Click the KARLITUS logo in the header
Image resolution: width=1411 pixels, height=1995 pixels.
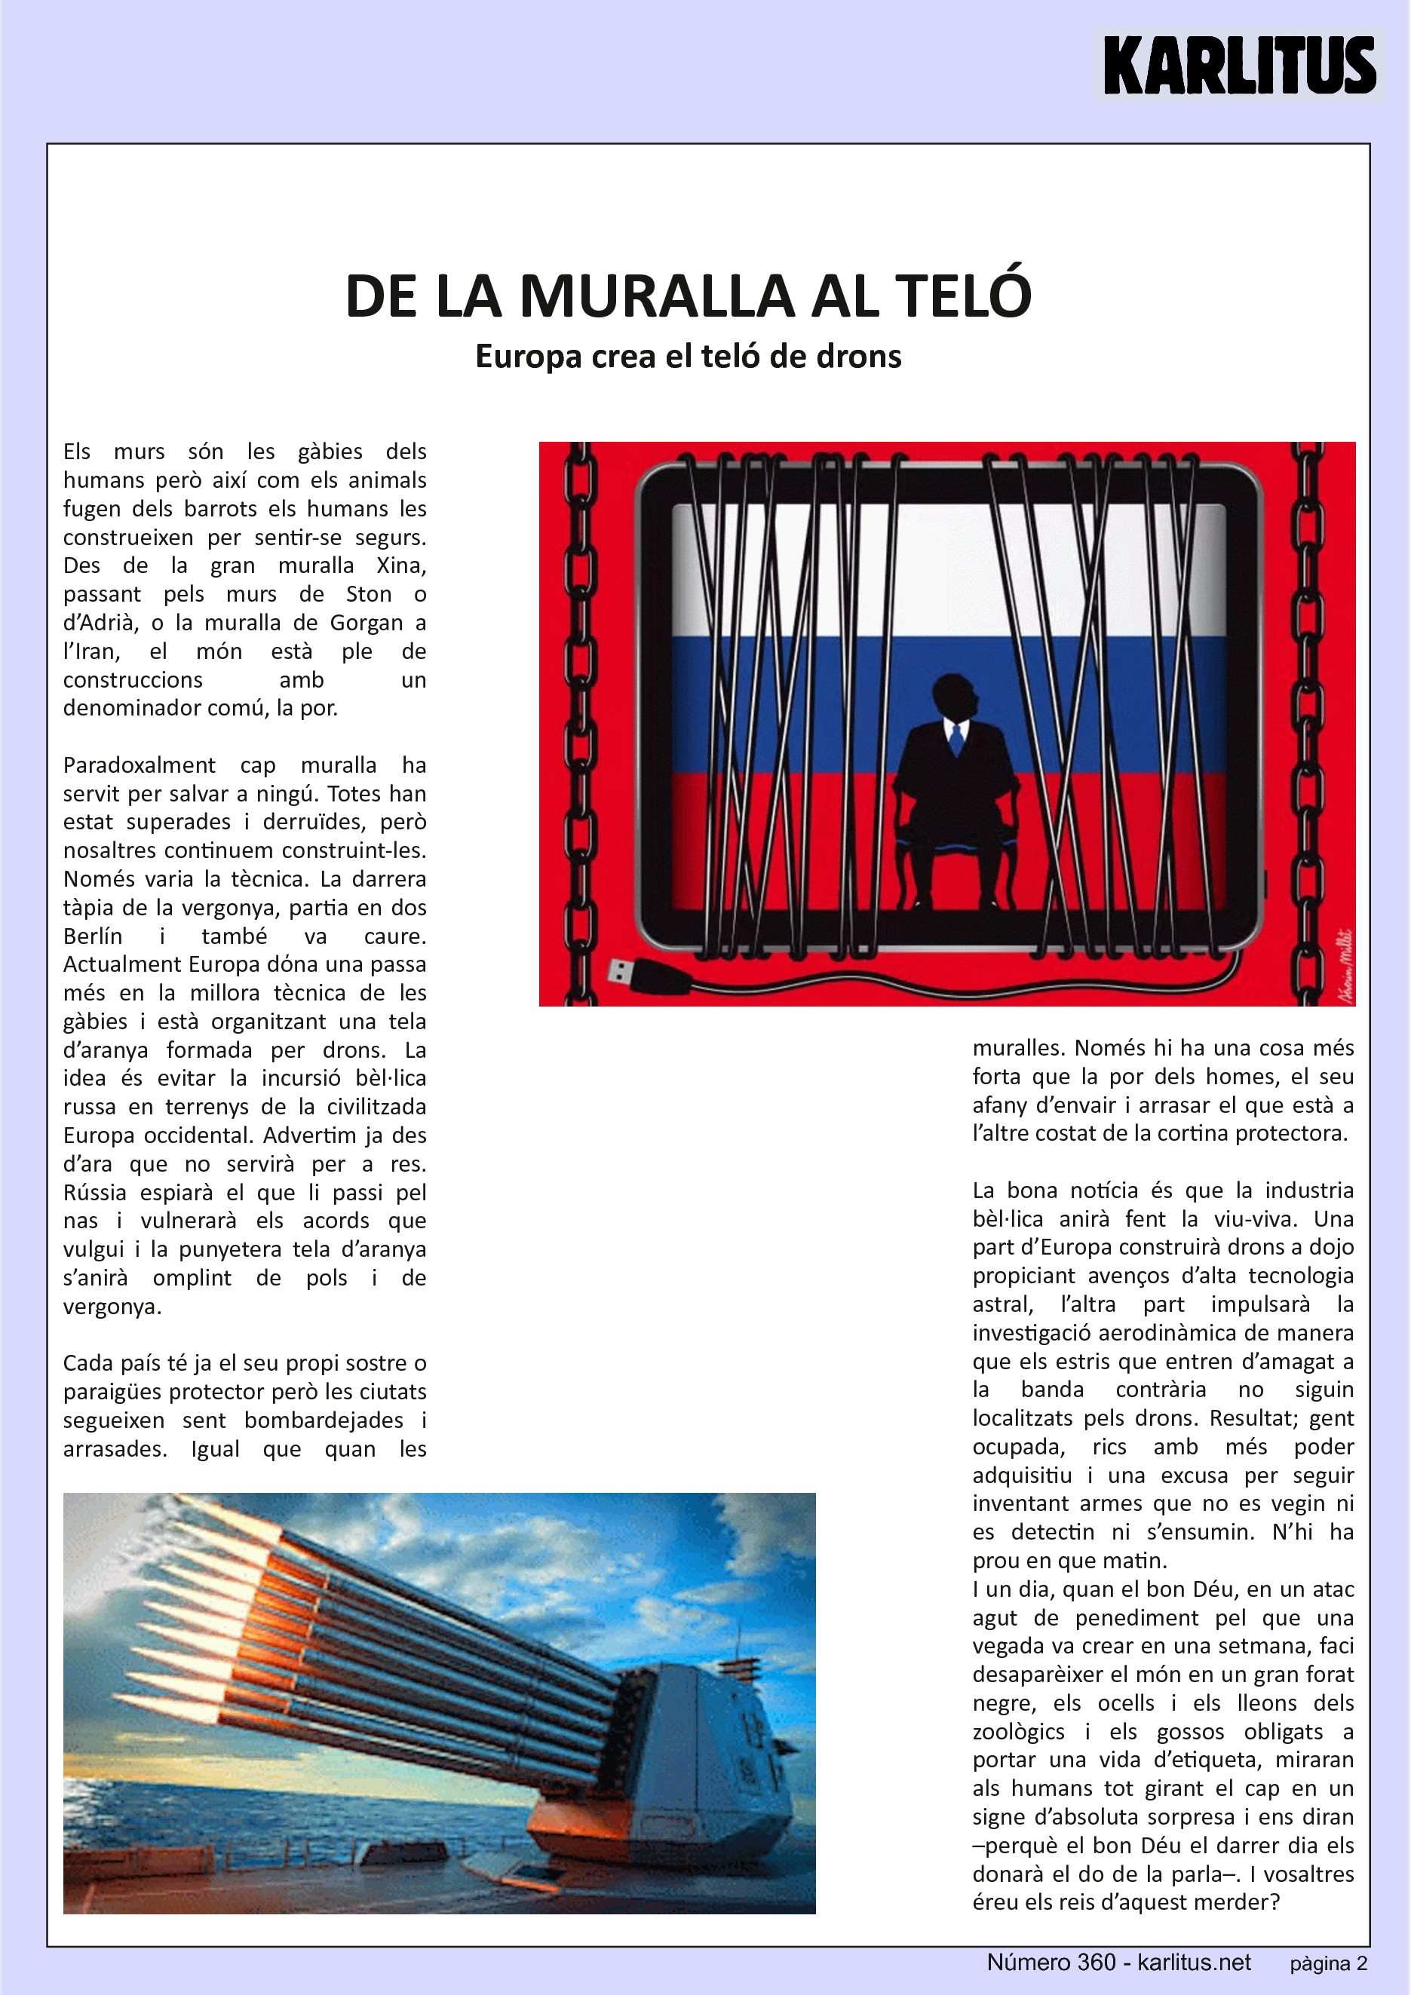(1239, 65)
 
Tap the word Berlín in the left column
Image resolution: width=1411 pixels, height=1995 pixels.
(93, 936)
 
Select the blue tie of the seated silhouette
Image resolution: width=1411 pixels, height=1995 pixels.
(956, 739)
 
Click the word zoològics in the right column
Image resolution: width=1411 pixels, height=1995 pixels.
(1018, 1732)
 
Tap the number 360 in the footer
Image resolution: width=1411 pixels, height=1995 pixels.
(1096, 1963)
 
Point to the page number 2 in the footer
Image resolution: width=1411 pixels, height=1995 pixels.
(1361, 1964)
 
